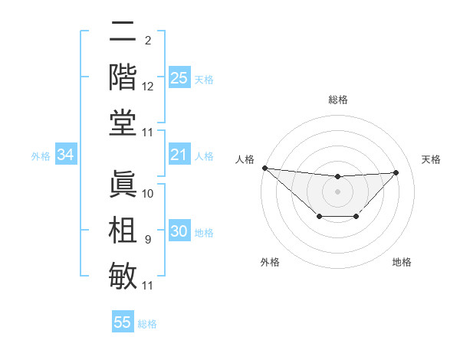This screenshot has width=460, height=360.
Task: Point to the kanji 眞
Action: pyautogui.click(x=123, y=184)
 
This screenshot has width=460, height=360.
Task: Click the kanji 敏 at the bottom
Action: pyautogui.click(x=123, y=273)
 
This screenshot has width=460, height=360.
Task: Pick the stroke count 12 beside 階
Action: pyautogui.click(x=148, y=87)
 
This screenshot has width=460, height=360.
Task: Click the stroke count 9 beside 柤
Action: pyautogui.click(x=147, y=240)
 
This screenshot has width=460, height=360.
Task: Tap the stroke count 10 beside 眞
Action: pyautogui.click(x=148, y=194)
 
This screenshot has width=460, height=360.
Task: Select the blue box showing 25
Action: pyautogui.click(x=179, y=78)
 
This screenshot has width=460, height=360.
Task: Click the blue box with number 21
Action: pyautogui.click(x=179, y=155)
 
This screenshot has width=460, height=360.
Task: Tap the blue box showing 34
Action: pyautogui.click(x=66, y=155)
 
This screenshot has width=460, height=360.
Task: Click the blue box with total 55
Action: pyautogui.click(x=123, y=322)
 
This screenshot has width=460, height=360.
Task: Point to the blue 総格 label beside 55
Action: pyautogui.click(x=147, y=323)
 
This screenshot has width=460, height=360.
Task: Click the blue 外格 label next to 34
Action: pyautogui.click(x=41, y=156)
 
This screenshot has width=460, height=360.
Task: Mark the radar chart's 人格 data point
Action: pyautogui.click(x=264, y=168)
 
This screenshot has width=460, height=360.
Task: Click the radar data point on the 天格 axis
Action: pyautogui.click(x=396, y=172)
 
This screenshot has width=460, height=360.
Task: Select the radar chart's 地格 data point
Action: pyautogui.click(x=356, y=218)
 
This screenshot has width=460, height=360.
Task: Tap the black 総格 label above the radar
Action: pyautogui.click(x=337, y=100)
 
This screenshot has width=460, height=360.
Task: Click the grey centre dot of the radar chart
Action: pyautogui.click(x=337, y=191)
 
